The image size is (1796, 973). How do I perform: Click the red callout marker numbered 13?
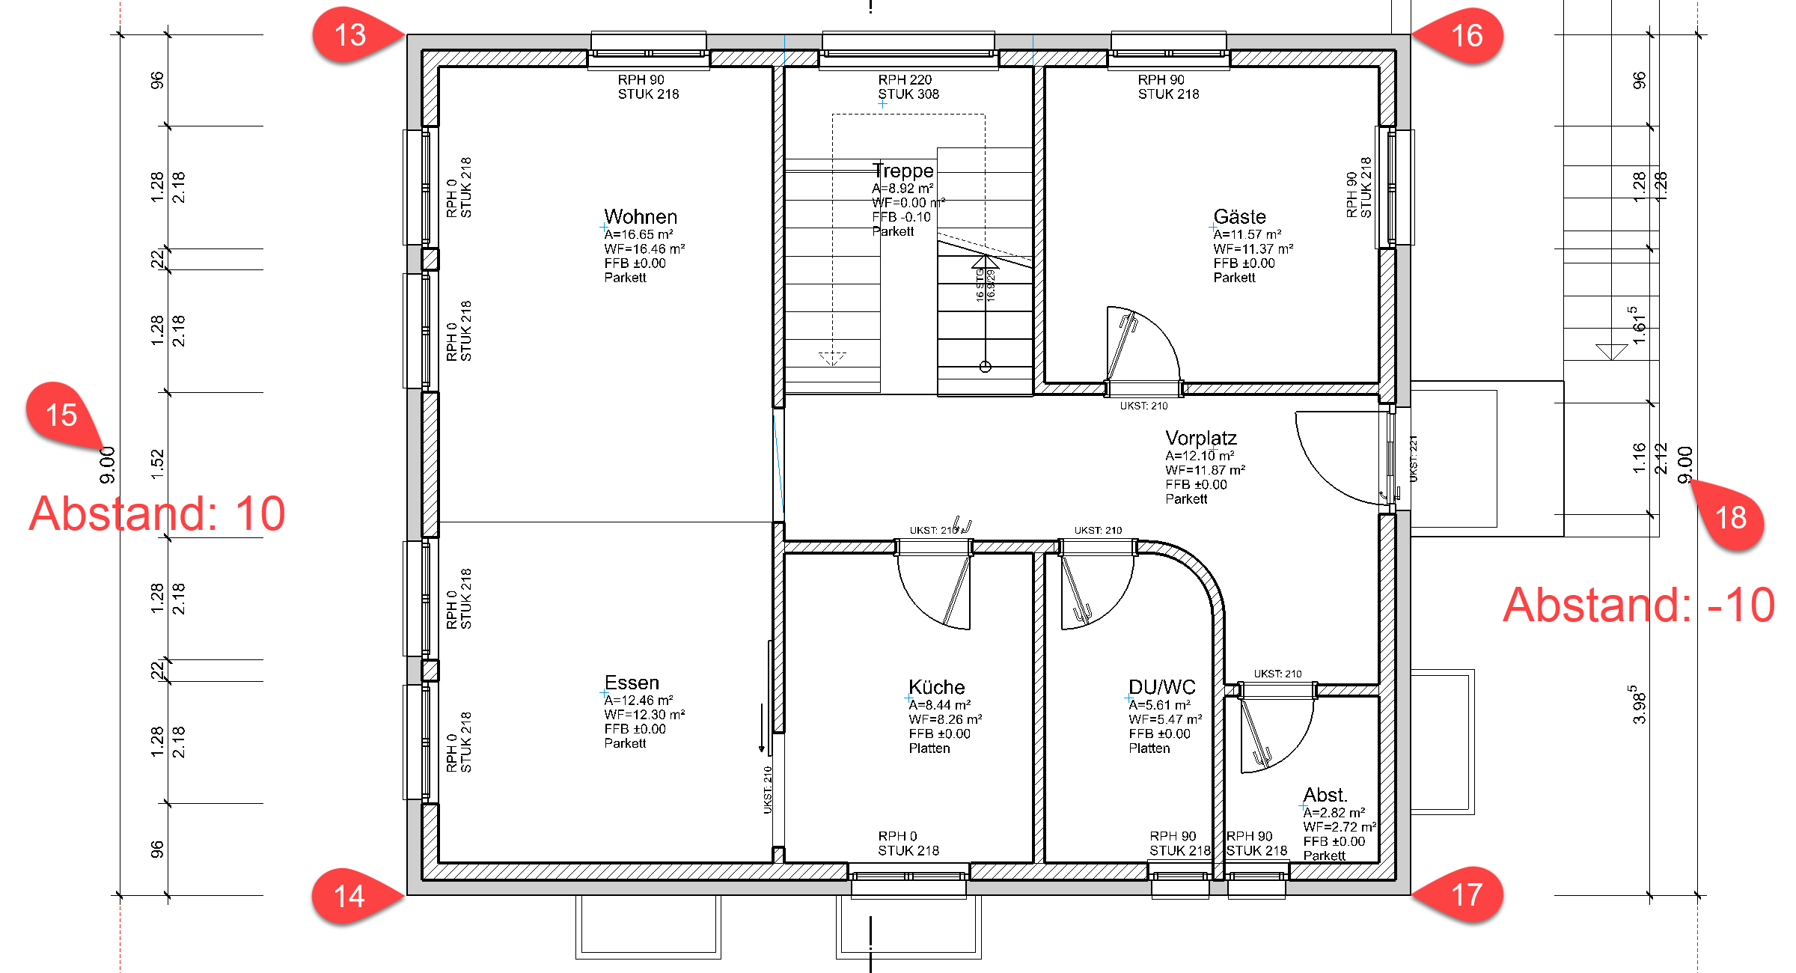tap(350, 35)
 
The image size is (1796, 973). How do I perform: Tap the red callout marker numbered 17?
tap(1466, 895)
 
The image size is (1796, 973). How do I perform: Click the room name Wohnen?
tap(641, 217)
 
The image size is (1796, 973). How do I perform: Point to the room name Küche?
tap(936, 687)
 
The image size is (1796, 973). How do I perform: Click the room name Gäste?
tap(1239, 217)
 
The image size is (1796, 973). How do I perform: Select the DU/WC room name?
tap(1161, 687)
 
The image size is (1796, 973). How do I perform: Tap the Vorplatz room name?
tap(1200, 438)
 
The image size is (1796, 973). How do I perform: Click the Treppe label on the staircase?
tap(903, 171)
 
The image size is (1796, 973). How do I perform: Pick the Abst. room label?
tap(1325, 795)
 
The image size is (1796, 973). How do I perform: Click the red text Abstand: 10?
tap(157, 513)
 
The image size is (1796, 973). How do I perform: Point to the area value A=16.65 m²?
tap(638, 234)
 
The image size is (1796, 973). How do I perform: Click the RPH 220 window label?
tap(905, 79)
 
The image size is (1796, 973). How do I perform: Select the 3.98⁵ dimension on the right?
tap(1639, 704)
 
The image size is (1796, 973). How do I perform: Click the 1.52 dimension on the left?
tap(157, 464)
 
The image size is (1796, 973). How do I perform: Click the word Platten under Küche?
tap(929, 748)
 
